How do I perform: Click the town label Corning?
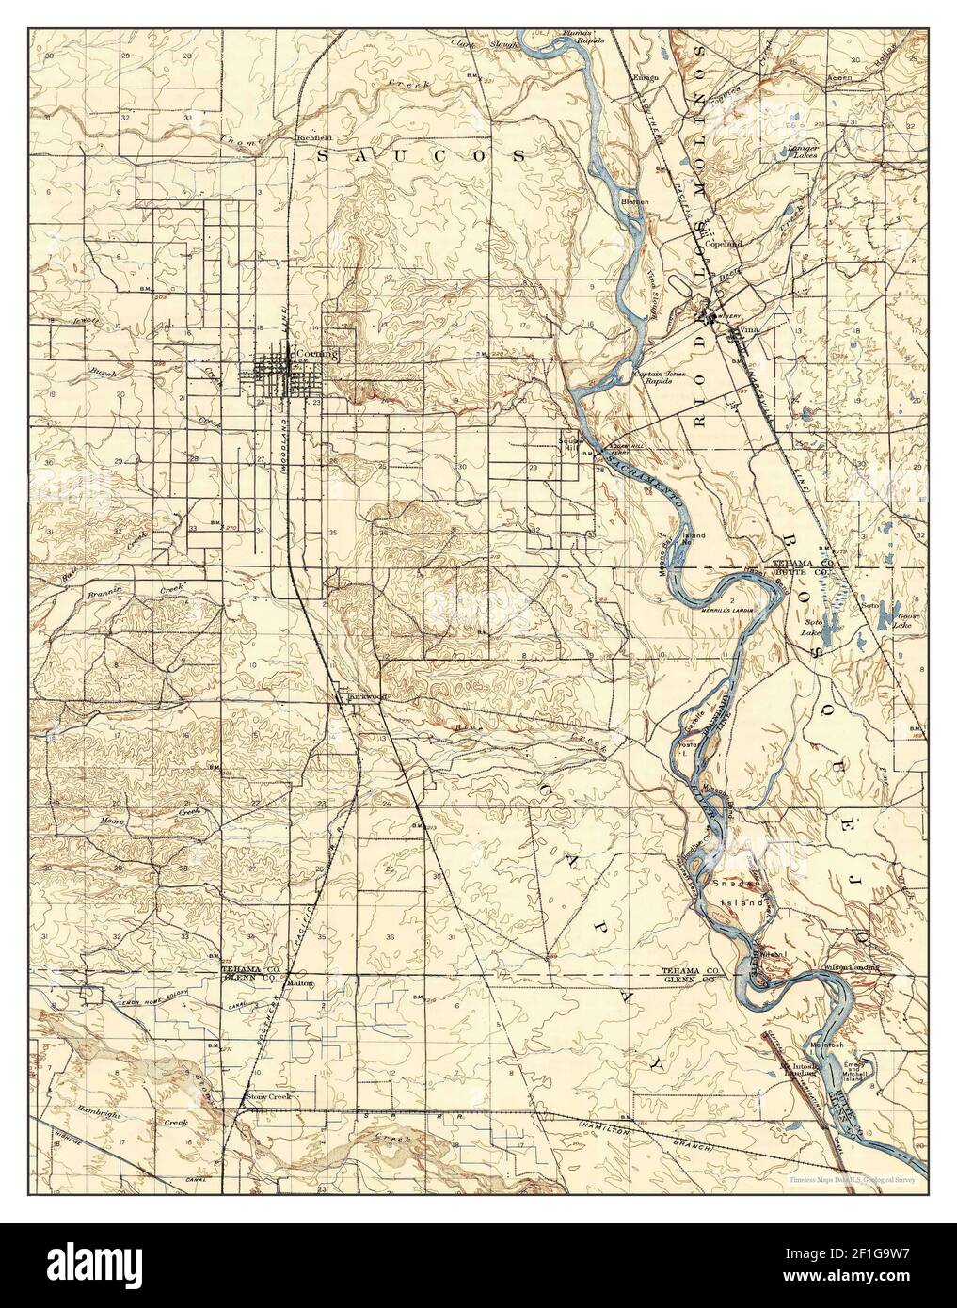(x=315, y=354)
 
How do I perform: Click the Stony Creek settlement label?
(x=268, y=1097)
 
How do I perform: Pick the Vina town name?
(x=750, y=330)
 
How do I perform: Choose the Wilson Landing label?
(x=851, y=967)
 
